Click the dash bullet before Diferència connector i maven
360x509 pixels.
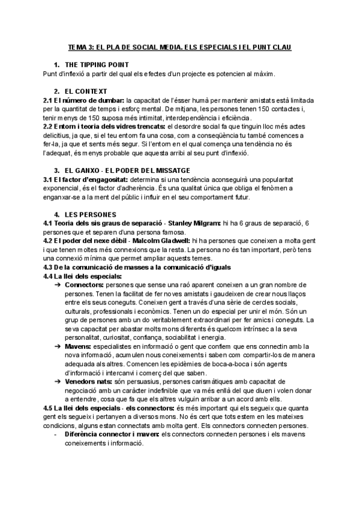tap(55, 434)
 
